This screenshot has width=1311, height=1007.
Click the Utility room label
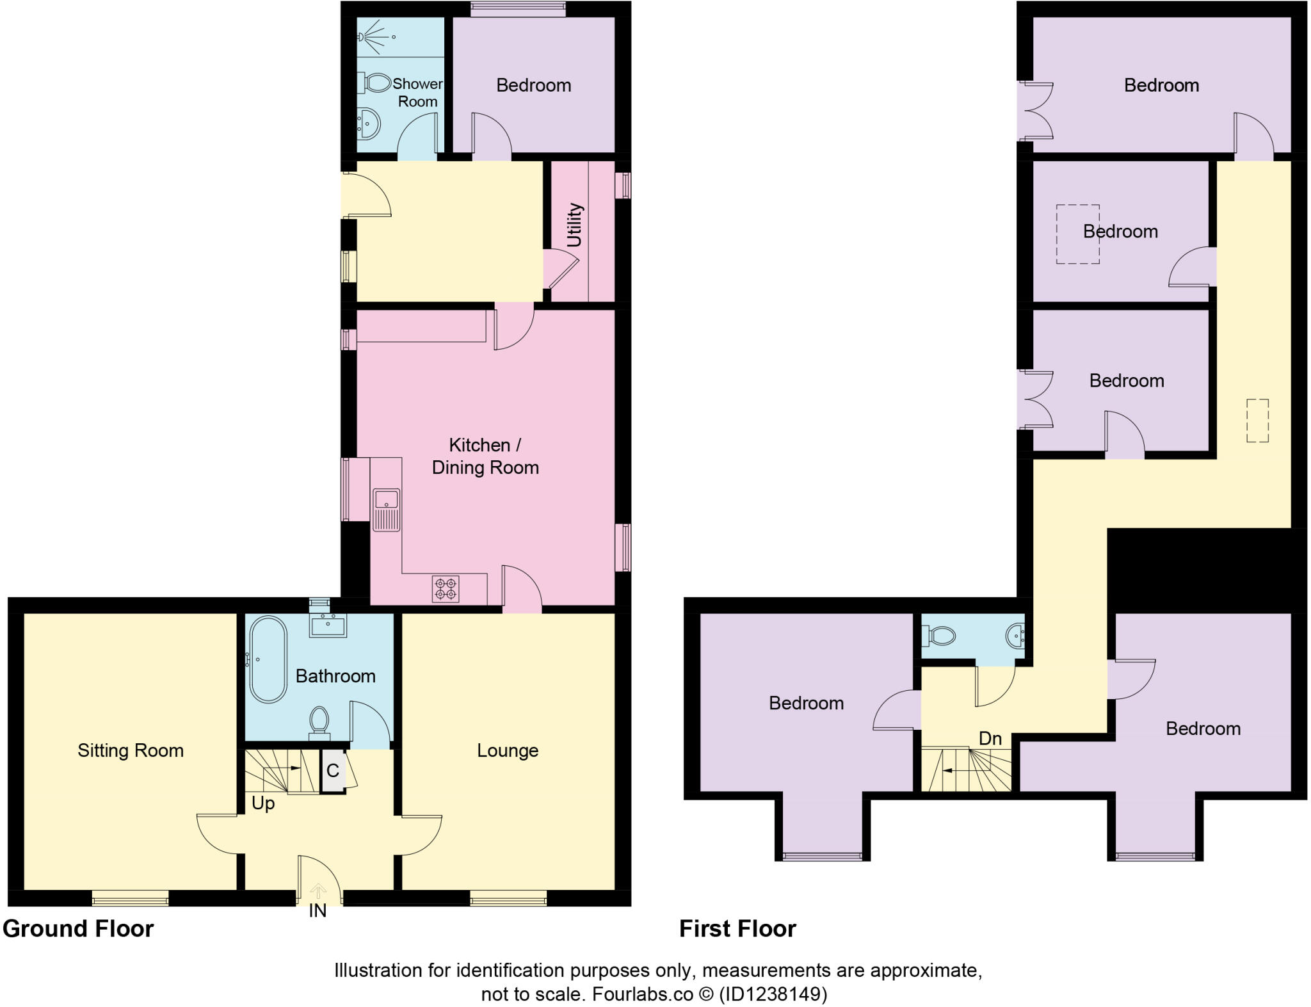coord(574,225)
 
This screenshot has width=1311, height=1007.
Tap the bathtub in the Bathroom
coord(268,659)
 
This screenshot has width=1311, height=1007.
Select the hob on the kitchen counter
coord(446,589)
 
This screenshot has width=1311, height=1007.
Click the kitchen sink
coord(387,509)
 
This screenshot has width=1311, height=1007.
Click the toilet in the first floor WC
coord(939,636)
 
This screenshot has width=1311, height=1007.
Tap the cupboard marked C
coord(332,771)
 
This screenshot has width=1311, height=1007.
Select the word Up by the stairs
coord(263,803)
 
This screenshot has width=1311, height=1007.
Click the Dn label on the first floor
coord(990,739)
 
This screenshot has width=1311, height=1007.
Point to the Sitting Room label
coord(131,750)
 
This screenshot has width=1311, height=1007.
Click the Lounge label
coord(508,750)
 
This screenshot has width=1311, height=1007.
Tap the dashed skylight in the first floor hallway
coord(1257,420)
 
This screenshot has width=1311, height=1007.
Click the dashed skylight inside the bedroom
coord(1077,234)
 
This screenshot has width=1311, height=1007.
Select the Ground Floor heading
coord(78,929)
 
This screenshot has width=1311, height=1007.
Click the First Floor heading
coord(737,929)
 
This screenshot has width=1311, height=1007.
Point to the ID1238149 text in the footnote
coord(773,994)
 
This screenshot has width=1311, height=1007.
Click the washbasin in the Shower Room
coord(369,123)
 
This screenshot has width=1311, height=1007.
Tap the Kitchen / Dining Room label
coord(485,456)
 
